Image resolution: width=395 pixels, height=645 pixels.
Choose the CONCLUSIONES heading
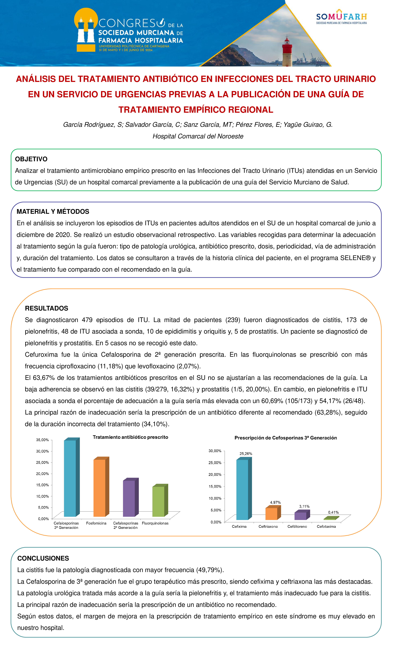[43, 558]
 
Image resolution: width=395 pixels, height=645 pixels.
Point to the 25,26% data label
[246, 454]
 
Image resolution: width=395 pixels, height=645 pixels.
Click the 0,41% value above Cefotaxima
[333, 512]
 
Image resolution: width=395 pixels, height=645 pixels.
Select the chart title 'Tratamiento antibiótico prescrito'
[131, 437]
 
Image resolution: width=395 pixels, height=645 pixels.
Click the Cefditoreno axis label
[297, 526]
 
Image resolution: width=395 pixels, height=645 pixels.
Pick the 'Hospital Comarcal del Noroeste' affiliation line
[198, 136]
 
